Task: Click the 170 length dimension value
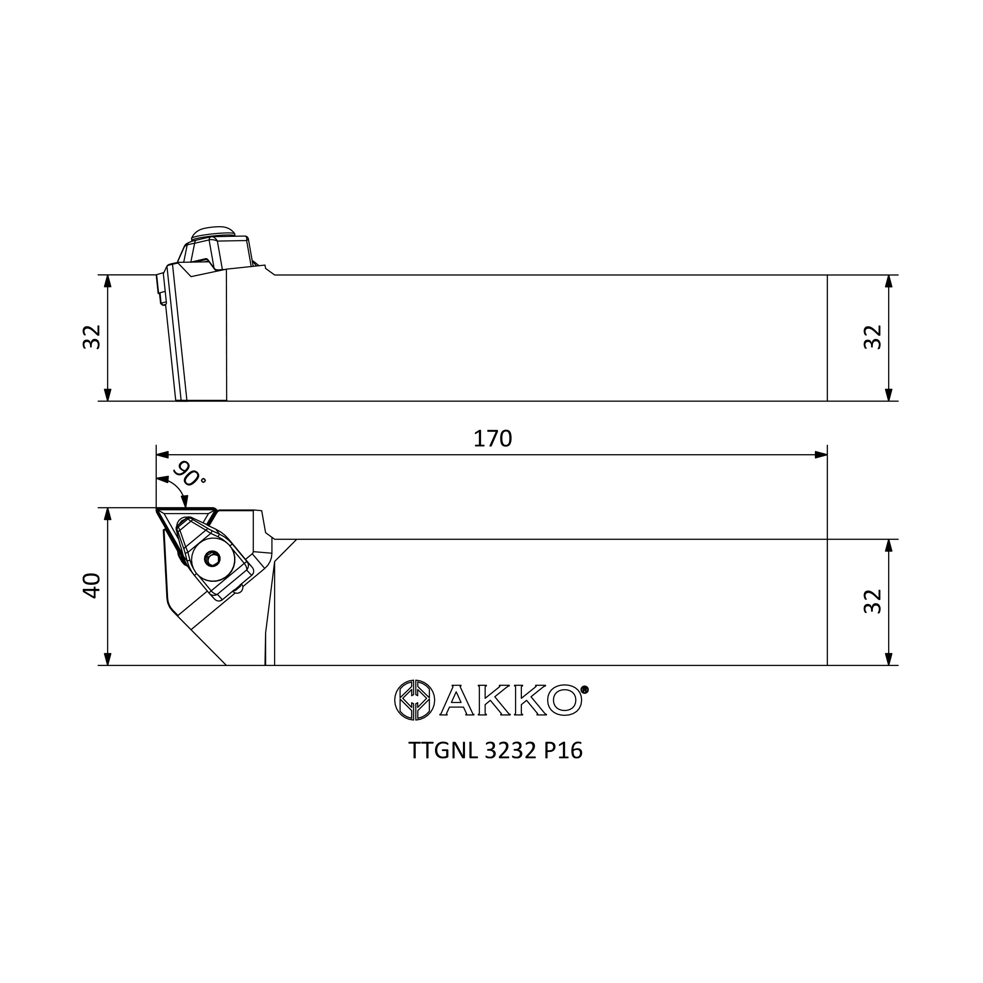(x=492, y=438)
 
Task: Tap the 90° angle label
(x=189, y=474)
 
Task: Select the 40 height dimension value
(x=91, y=586)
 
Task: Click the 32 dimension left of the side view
(x=91, y=337)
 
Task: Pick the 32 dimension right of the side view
(x=872, y=337)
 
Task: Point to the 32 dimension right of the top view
(x=872, y=602)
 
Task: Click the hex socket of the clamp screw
(x=212, y=559)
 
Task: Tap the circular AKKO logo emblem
(x=415, y=699)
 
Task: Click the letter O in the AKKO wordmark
(x=564, y=700)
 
